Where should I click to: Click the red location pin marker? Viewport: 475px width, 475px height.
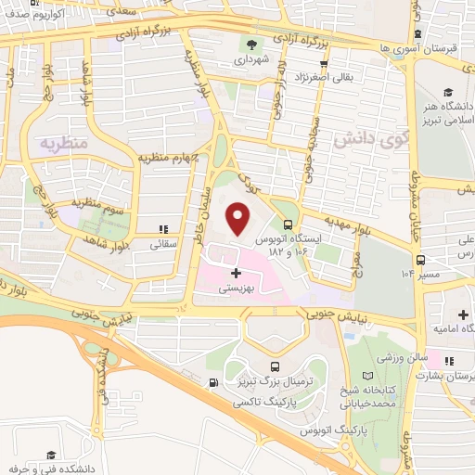pos(238,219)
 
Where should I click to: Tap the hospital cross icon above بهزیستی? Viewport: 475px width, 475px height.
pos(236,273)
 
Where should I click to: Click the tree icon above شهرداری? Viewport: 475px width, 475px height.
pos(252,44)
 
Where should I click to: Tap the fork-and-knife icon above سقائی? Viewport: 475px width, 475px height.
pos(163,229)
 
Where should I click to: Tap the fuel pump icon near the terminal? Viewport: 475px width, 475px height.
pos(214,382)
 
